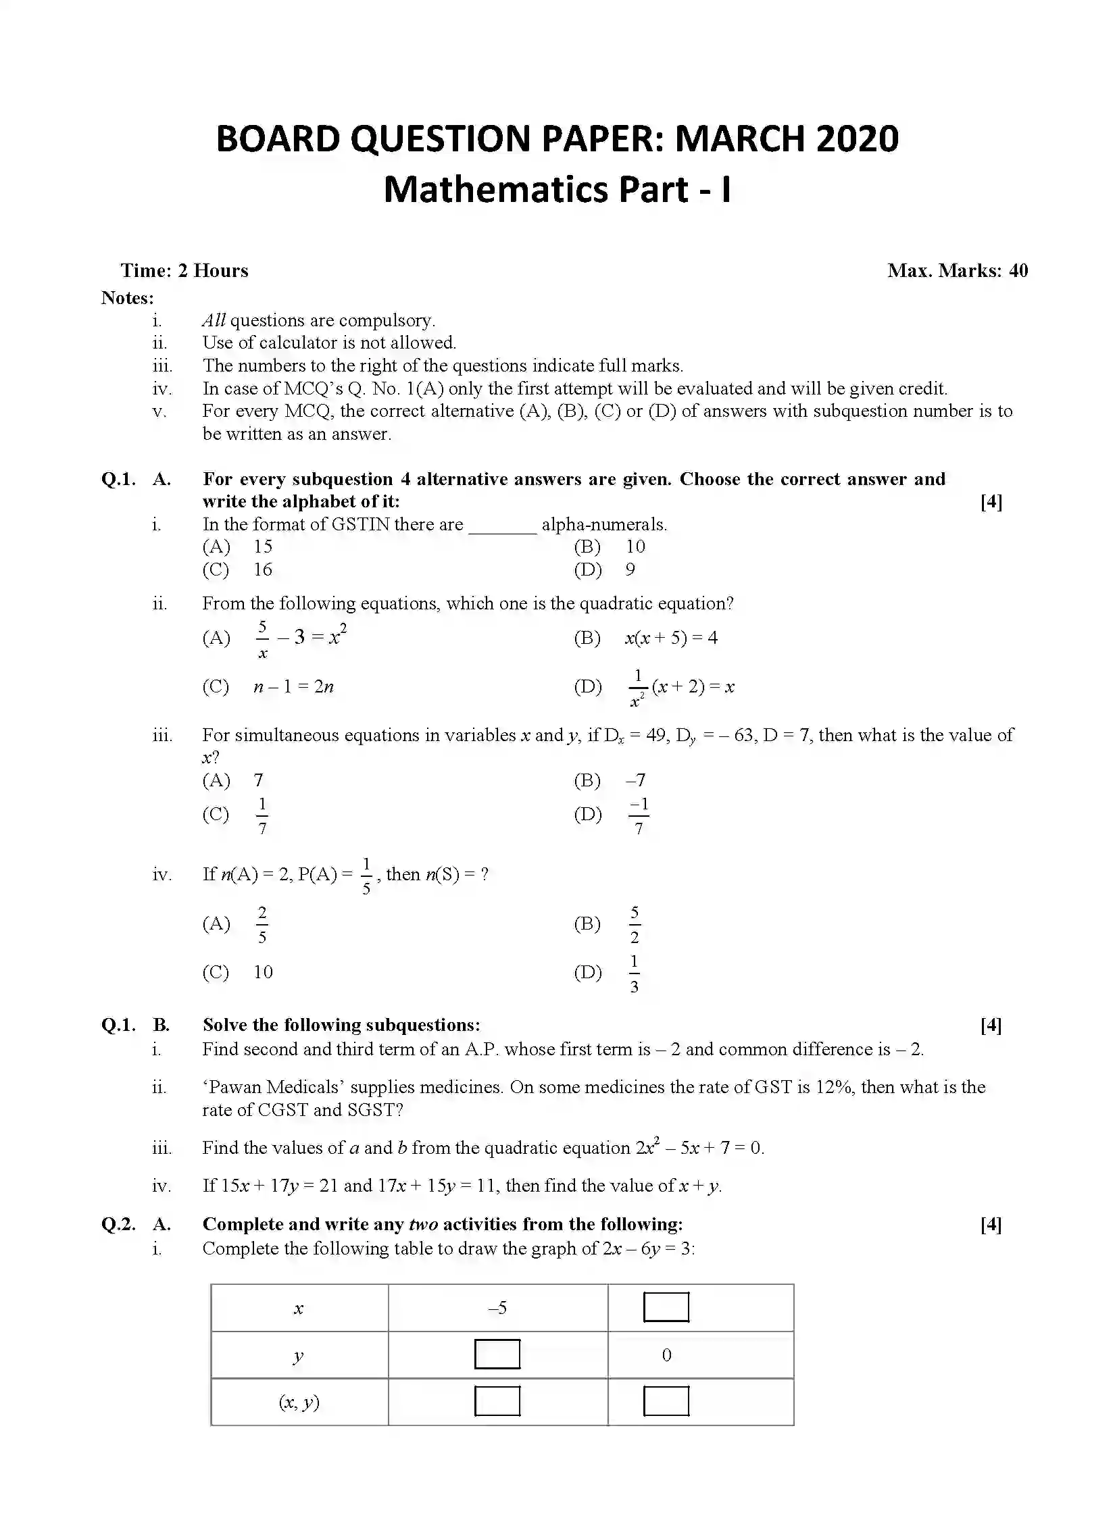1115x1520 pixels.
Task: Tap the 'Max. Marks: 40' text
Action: [957, 271]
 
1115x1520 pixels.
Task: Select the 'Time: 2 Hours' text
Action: [184, 271]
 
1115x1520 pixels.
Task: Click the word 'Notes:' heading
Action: [128, 298]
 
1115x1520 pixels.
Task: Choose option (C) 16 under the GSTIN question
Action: [262, 570]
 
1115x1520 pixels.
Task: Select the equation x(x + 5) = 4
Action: [670, 638]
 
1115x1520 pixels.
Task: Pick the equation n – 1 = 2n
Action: [293, 687]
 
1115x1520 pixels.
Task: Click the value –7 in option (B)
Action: [635, 781]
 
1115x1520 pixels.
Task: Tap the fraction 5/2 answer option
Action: [635, 926]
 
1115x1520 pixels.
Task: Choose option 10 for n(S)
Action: [263, 972]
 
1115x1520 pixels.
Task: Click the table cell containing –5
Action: [497, 1309]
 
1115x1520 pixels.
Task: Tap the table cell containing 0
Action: [666, 1355]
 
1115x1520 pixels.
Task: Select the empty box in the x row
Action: [666, 1307]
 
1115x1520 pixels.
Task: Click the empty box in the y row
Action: [497, 1354]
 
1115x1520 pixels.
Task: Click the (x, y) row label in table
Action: [299, 1402]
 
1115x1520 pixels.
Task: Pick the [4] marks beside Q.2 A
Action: [991, 1225]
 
